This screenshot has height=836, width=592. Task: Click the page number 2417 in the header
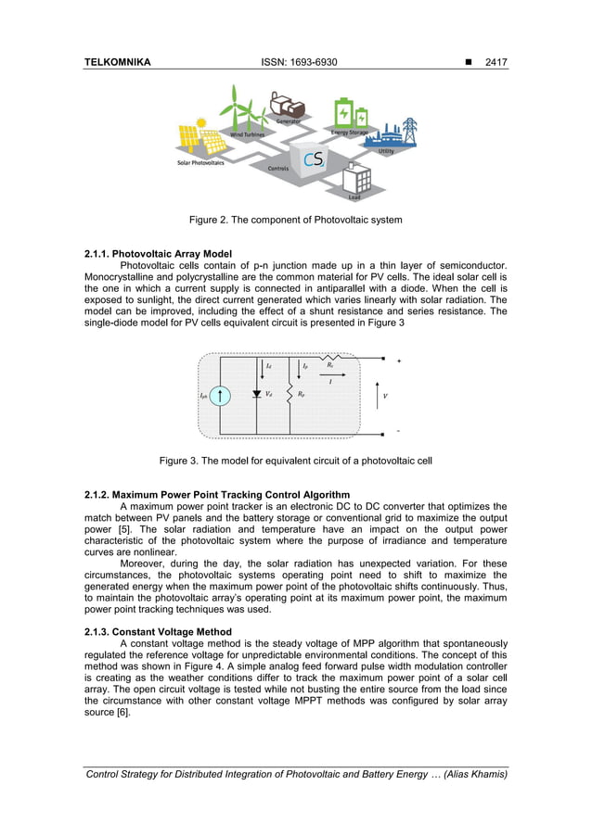(490, 62)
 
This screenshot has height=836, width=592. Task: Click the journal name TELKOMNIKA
(118, 62)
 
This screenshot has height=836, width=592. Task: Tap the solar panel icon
(201, 137)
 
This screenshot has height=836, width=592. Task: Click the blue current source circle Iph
(221, 395)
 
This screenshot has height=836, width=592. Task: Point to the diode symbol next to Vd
(256, 394)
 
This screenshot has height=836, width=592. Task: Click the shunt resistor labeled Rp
(290, 395)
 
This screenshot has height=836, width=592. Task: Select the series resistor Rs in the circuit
(329, 357)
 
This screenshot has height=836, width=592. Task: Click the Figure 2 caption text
(296, 220)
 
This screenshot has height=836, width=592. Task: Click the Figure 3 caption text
(296, 460)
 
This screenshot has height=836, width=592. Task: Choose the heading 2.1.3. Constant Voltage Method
(155, 631)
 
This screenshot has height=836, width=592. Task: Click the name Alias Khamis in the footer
(476, 774)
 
